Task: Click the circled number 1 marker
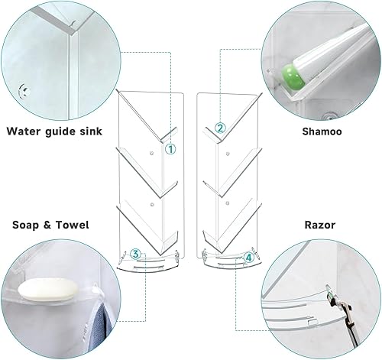tap(170, 151)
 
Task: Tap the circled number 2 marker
tap(219, 128)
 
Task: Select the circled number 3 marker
tap(135, 254)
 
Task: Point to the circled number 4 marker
tap(248, 258)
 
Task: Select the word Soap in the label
tap(26, 227)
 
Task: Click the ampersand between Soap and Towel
tap(49, 227)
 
